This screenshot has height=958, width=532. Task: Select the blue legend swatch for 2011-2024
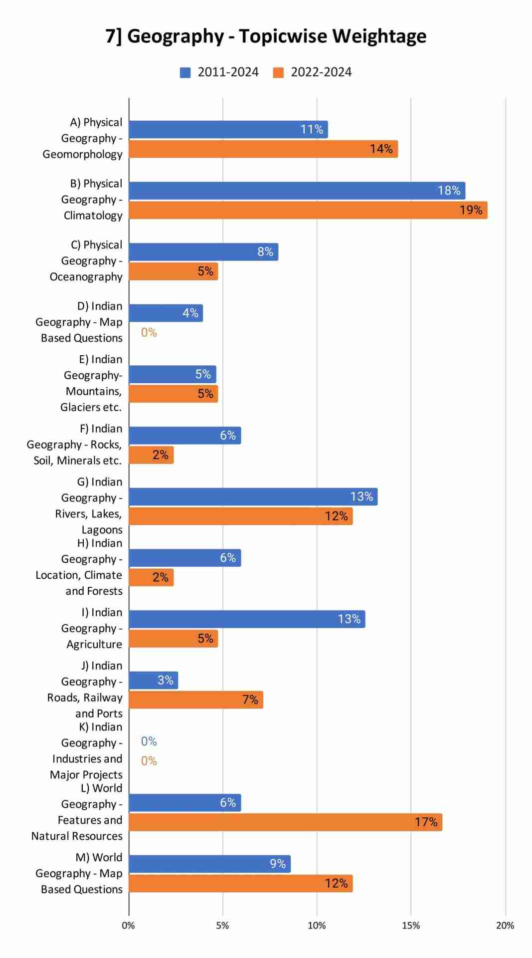tap(185, 73)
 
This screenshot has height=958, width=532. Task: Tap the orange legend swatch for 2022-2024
tap(278, 73)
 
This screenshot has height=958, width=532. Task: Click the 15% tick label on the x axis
tap(411, 926)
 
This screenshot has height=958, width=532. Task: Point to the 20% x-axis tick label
tap(505, 926)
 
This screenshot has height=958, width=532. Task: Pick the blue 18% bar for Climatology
tap(297, 191)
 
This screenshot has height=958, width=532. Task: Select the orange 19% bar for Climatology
tap(308, 210)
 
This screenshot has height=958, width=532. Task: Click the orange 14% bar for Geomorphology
tap(263, 149)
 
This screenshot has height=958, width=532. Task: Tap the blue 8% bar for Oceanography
tap(203, 252)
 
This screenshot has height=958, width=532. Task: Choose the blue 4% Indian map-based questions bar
tap(166, 313)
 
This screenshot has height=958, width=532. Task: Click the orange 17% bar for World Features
tap(285, 822)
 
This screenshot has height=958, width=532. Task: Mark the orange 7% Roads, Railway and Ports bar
tap(195, 700)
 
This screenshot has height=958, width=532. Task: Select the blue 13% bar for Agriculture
tap(247, 619)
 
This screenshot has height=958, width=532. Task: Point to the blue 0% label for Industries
tap(149, 741)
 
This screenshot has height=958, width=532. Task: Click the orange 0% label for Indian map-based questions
tap(149, 333)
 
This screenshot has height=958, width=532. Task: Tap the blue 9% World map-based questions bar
tap(209, 864)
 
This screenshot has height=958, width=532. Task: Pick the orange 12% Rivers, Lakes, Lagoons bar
tap(240, 516)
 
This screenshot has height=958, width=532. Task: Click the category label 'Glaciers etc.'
tap(91, 407)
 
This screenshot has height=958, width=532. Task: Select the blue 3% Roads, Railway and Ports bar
tap(153, 681)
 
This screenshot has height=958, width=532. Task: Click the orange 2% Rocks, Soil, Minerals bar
tap(151, 455)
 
